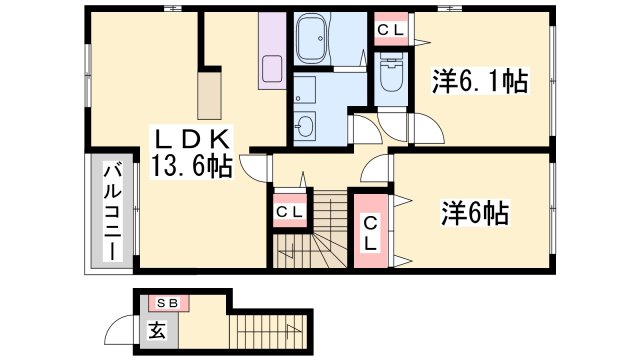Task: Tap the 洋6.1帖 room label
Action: (480, 80)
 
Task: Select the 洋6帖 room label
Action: (476, 212)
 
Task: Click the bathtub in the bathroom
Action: (321, 41)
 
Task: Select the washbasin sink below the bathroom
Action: (306, 125)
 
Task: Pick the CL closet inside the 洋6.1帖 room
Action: (390, 31)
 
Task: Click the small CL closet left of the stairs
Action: (290, 212)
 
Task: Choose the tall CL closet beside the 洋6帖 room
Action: (371, 232)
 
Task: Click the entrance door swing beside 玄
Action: (124, 330)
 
